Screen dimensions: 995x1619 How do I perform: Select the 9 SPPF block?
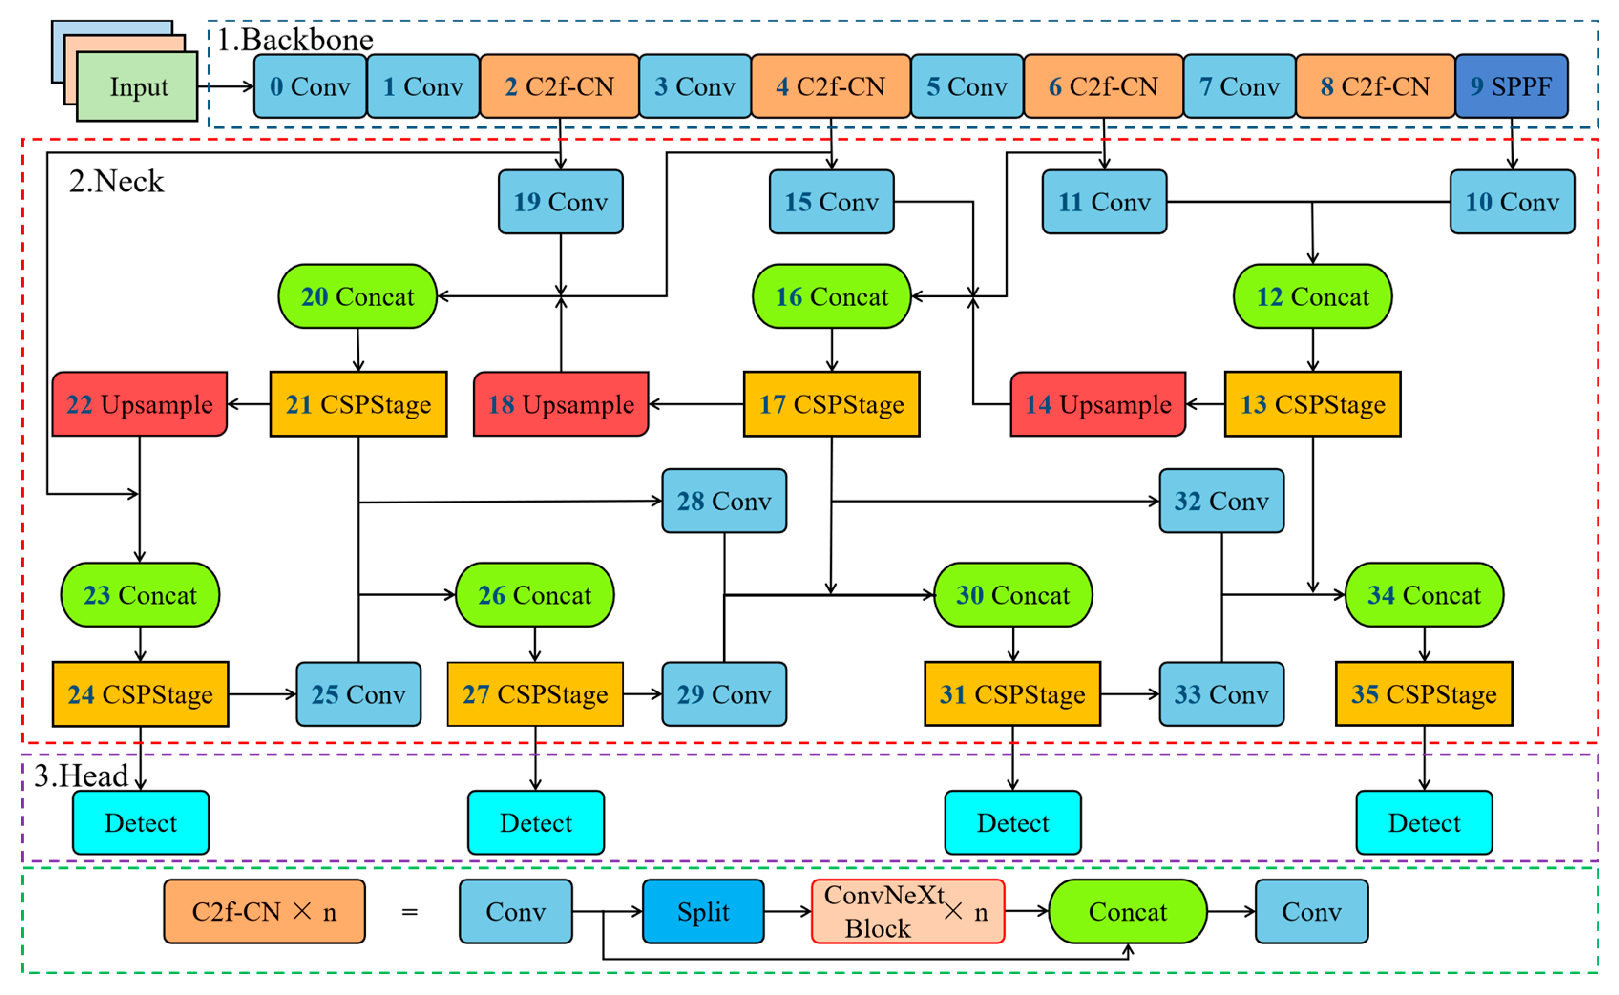[1511, 86]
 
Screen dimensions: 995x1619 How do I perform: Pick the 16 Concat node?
[831, 296]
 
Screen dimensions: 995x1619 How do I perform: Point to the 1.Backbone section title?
[295, 40]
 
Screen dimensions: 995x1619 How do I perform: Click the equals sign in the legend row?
[410, 911]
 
